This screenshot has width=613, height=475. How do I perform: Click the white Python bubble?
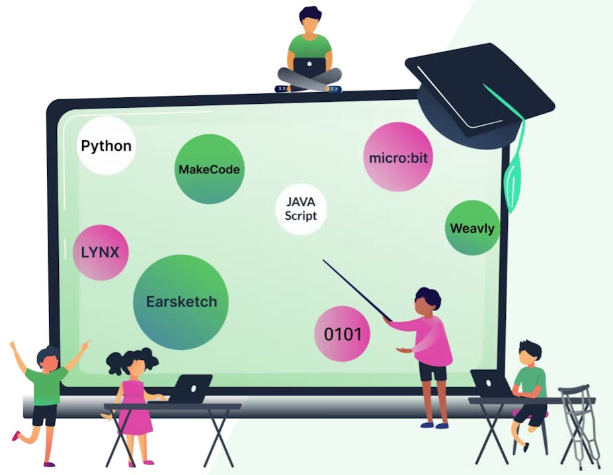tap(106, 146)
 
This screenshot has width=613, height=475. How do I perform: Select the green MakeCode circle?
tap(209, 169)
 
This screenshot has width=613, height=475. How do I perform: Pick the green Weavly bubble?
tap(471, 229)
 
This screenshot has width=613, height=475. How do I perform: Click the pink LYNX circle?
tap(100, 252)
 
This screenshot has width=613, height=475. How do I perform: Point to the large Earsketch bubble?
tap(181, 302)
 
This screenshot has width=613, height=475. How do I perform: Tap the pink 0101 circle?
tap(343, 334)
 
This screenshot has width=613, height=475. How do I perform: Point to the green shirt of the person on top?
tap(309, 48)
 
